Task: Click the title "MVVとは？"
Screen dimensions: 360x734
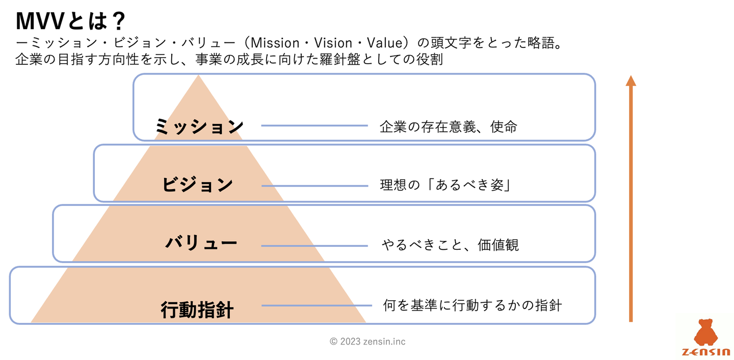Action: (x=70, y=21)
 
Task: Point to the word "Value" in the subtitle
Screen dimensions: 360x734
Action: (x=390, y=43)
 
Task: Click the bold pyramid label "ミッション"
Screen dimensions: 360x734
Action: (x=199, y=126)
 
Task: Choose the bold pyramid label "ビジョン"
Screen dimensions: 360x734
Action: (x=198, y=185)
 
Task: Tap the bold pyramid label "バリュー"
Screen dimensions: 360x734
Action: (x=201, y=243)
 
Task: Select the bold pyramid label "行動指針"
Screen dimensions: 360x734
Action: (x=197, y=309)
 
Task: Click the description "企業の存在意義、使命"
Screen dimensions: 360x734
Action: (x=449, y=126)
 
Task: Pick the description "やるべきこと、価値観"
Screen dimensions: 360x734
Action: (x=450, y=245)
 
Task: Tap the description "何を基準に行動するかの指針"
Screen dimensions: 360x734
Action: (x=472, y=305)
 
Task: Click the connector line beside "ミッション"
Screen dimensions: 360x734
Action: (x=314, y=125)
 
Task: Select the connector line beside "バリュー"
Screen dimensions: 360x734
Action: (x=314, y=246)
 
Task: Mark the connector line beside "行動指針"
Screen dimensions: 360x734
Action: (x=316, y=305)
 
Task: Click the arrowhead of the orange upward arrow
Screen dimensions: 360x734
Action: (x=631, y=81)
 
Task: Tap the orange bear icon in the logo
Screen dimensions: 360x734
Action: (x=705, y=331)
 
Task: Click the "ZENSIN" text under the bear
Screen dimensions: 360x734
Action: (x=705, y=352)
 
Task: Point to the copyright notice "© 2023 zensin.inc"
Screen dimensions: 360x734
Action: (x=368, y=342)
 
